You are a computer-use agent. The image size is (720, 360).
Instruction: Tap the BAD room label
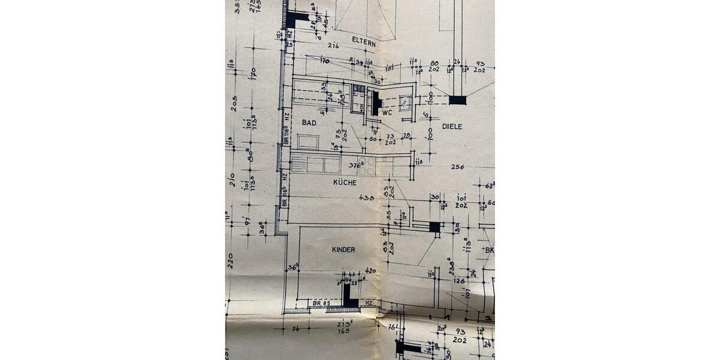(x=309, y=122)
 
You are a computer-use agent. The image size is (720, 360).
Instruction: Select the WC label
(x=387, y=112)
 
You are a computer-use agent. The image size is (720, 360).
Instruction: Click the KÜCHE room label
(x=345, y=182)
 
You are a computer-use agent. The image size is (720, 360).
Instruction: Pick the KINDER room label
(x=343, y=249)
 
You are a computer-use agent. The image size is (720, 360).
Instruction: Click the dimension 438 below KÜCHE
(x=367, y=197)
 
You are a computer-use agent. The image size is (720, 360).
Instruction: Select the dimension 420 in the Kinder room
(x=370, y=271)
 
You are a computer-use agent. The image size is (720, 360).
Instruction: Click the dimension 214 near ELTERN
(x=334, y=45)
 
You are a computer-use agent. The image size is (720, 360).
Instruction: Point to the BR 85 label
(x=322, y=304)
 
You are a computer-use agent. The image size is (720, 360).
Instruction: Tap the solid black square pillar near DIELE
(x=457, y=100)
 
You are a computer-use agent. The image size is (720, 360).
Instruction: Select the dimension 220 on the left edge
(x=230, y=260)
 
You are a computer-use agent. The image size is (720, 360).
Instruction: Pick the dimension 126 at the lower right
(x=460, y=280)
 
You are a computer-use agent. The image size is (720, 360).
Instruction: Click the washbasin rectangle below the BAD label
(x=308, y=142)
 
